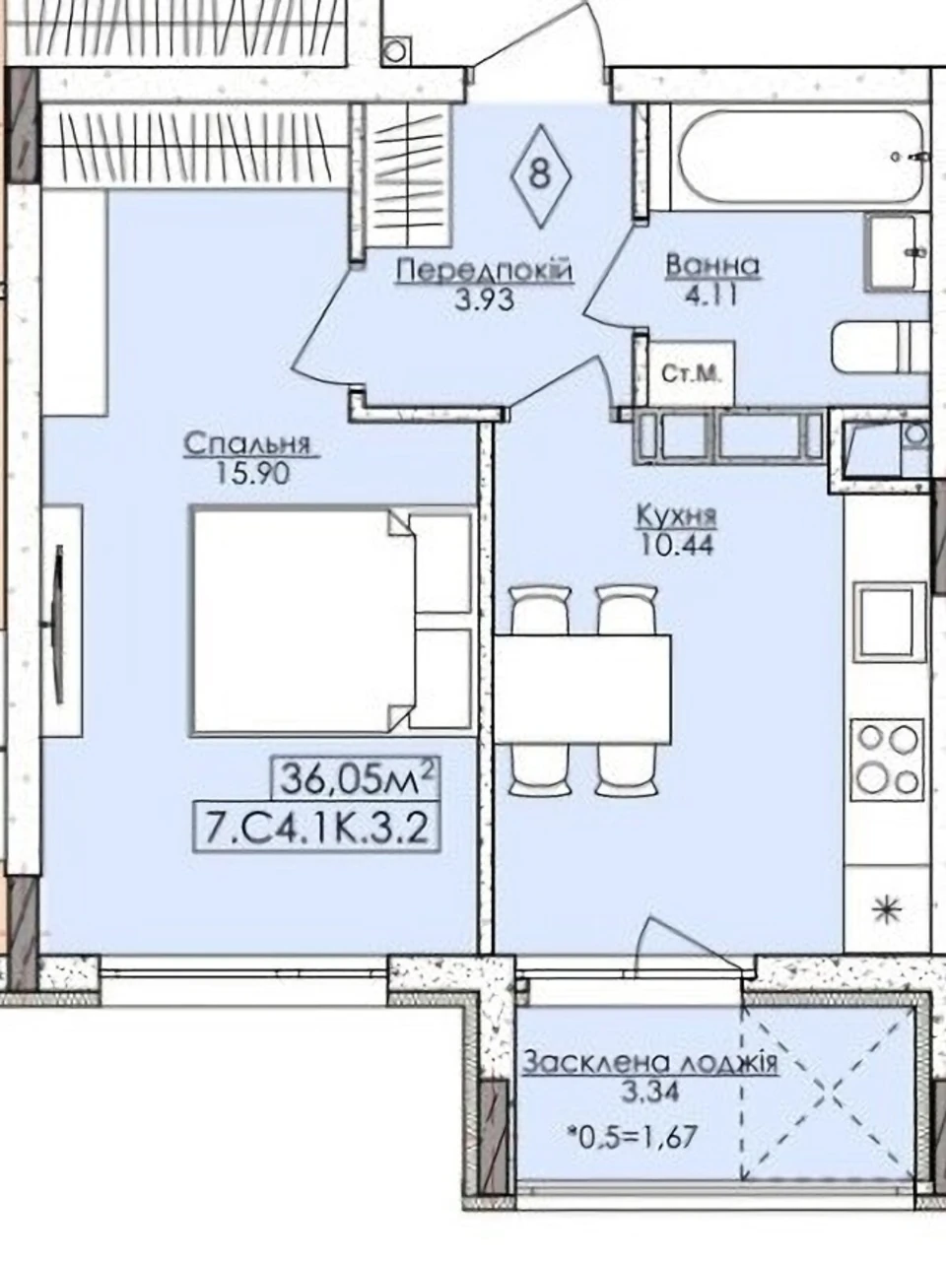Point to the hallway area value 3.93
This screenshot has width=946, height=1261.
point(484,299)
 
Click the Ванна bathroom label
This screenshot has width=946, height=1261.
point(712,266)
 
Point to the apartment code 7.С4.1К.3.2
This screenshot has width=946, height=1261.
point(317,830)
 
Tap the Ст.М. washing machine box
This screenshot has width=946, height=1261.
point(691,374)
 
